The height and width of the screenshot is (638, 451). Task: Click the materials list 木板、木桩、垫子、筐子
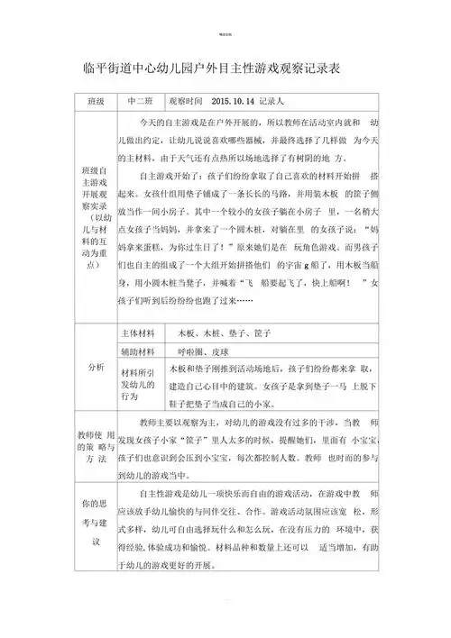click(220, 333)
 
